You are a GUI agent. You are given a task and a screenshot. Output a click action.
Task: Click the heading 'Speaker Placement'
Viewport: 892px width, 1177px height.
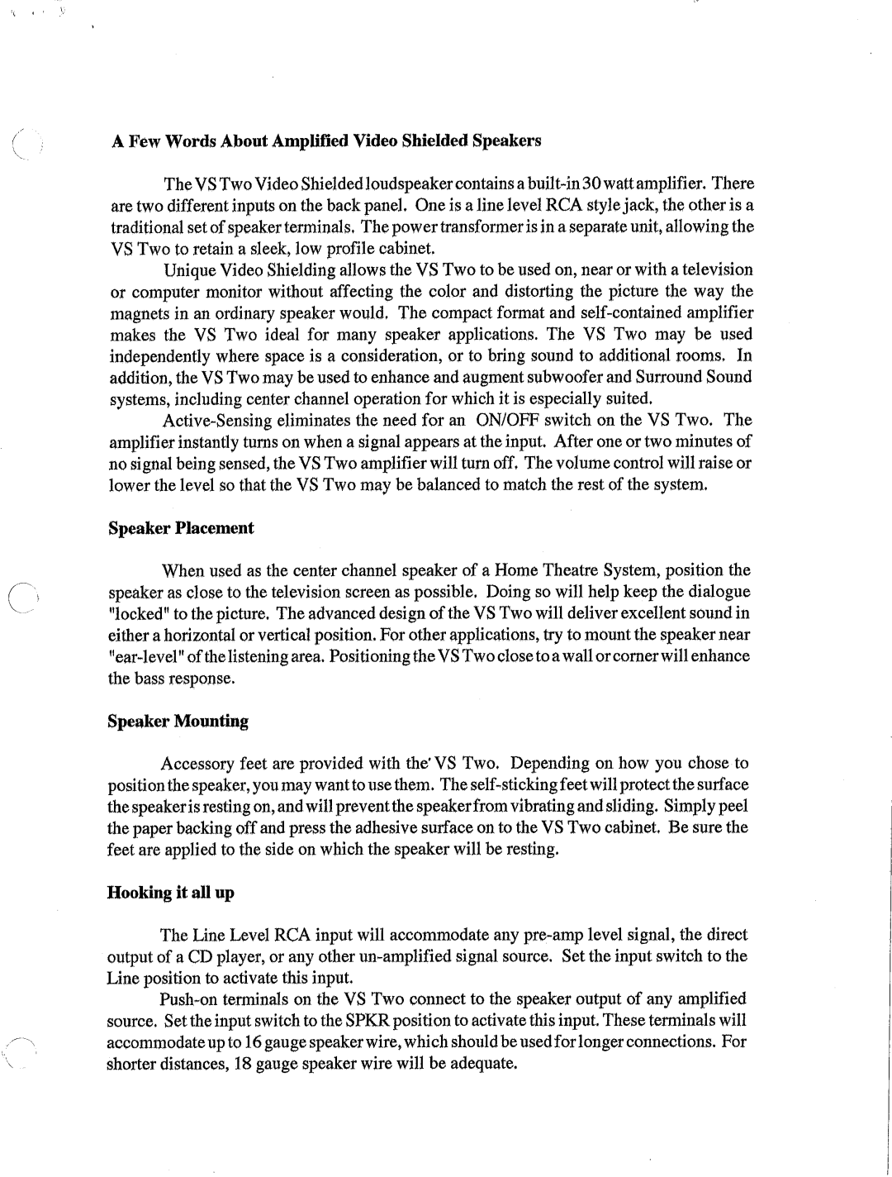(182, 528)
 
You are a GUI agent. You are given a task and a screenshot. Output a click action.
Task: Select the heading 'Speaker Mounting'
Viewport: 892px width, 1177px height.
(178, 721)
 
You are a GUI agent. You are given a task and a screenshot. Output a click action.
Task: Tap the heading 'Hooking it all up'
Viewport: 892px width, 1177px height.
(171, 893)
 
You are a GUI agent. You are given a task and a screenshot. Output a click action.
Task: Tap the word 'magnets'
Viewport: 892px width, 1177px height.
(138, 313)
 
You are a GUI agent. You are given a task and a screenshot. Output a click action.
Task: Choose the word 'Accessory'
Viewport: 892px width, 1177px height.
(197, 764)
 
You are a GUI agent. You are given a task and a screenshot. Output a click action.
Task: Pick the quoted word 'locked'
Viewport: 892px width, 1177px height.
(135, 613)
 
